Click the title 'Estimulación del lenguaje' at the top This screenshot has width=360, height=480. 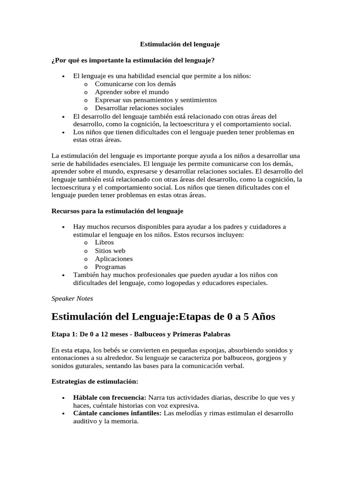pos(180,44)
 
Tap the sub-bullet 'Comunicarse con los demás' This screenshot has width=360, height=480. pos(135,84)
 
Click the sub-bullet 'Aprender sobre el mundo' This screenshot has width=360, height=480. pos(131,92)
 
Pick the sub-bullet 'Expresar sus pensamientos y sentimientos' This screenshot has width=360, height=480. pos(156,100)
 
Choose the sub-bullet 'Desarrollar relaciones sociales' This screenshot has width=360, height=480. pos(139,108)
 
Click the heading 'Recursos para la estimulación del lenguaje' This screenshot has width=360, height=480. pos(117,211)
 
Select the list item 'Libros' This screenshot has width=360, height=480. pos(104,243)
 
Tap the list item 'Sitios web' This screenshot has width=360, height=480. pos(110,251)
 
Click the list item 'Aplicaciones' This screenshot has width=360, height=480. pos(113,259)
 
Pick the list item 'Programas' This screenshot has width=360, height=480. pos(110,267)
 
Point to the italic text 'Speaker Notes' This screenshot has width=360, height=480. pos(72,298)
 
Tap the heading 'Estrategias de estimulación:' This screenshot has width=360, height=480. pos(94,382)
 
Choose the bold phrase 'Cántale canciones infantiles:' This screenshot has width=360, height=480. pos(117,413)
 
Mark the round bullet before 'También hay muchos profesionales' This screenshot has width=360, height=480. pos(63,275)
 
